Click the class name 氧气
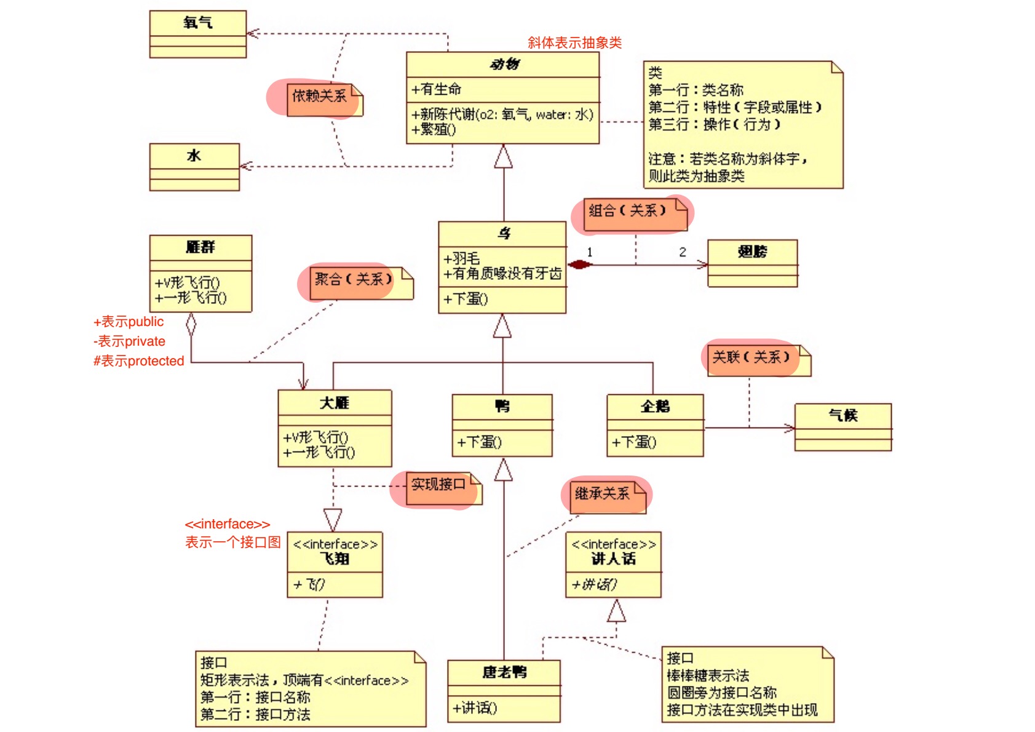coord(197,23)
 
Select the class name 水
coord(194,156)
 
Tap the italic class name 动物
coord(504,64)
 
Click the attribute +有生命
coord(437,89)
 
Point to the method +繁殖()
coord(434,130)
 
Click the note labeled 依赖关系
coord(319,97)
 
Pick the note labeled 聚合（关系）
coord(354,280)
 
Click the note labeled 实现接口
coord(438,485)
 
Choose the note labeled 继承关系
coord(603,493)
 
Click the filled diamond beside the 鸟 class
coord(579,265)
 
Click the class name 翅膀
coord(752,252)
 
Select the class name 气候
coord(843,415)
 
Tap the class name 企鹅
coord(655,406)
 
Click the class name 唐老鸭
coord(504,672)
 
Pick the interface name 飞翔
coord(335,559)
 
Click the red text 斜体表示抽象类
coord(574,42)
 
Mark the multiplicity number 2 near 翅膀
coord(683,252)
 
